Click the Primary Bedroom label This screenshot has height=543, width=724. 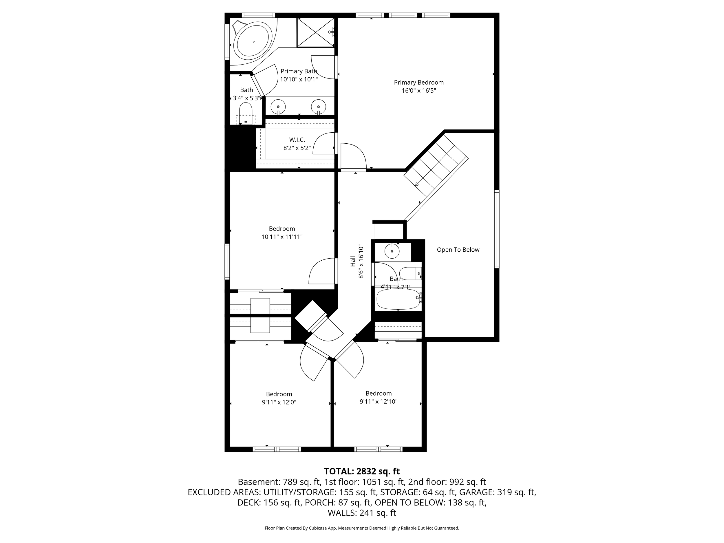(419, 83)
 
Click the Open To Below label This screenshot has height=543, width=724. (458, 250)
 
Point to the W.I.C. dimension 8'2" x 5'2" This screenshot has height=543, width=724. (297, 148)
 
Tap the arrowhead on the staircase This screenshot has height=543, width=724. (417, 184)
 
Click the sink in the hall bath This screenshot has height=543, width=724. (392, 251)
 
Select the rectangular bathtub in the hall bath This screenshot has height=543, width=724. (398, 299)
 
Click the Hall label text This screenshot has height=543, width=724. (353, 261)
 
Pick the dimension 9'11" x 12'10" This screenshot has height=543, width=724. (379, 402)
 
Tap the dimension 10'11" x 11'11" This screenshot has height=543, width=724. (282, 237)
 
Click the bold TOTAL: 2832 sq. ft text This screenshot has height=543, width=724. (362, 471)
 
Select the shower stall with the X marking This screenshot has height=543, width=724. (316, 32)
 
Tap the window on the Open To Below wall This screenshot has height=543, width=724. (497, 229)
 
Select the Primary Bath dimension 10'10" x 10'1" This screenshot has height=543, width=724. (299, 79)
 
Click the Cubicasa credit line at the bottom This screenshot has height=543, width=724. (362, 528)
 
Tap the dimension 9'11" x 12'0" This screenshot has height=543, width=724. (279, 402)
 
